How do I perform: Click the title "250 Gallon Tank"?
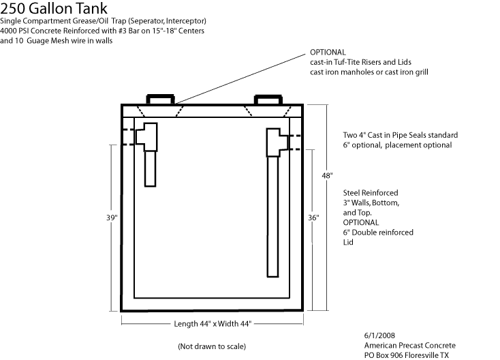coord(54,9)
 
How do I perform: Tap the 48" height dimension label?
coord(327,175)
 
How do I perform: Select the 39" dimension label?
coord(112,217)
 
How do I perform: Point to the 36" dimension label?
coord(313,217)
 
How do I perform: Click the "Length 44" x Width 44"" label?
coord(213,324)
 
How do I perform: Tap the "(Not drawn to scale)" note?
coord(212,346)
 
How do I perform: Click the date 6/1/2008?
coord(379,335)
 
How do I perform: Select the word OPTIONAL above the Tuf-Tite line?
coord(328,52)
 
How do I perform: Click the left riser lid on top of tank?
coord(160,100)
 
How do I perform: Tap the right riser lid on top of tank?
coord(268,100)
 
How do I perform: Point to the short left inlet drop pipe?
coord(150,168)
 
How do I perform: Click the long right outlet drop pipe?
coord(272,216)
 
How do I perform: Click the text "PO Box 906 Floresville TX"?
coord(407,355)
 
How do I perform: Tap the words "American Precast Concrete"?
coord(410,345)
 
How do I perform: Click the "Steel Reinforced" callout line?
coord(371,193)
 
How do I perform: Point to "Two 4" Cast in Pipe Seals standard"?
coord(401,135)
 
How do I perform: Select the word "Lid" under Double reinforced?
coord(348,242)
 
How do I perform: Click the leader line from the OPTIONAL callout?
coord(240,79)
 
